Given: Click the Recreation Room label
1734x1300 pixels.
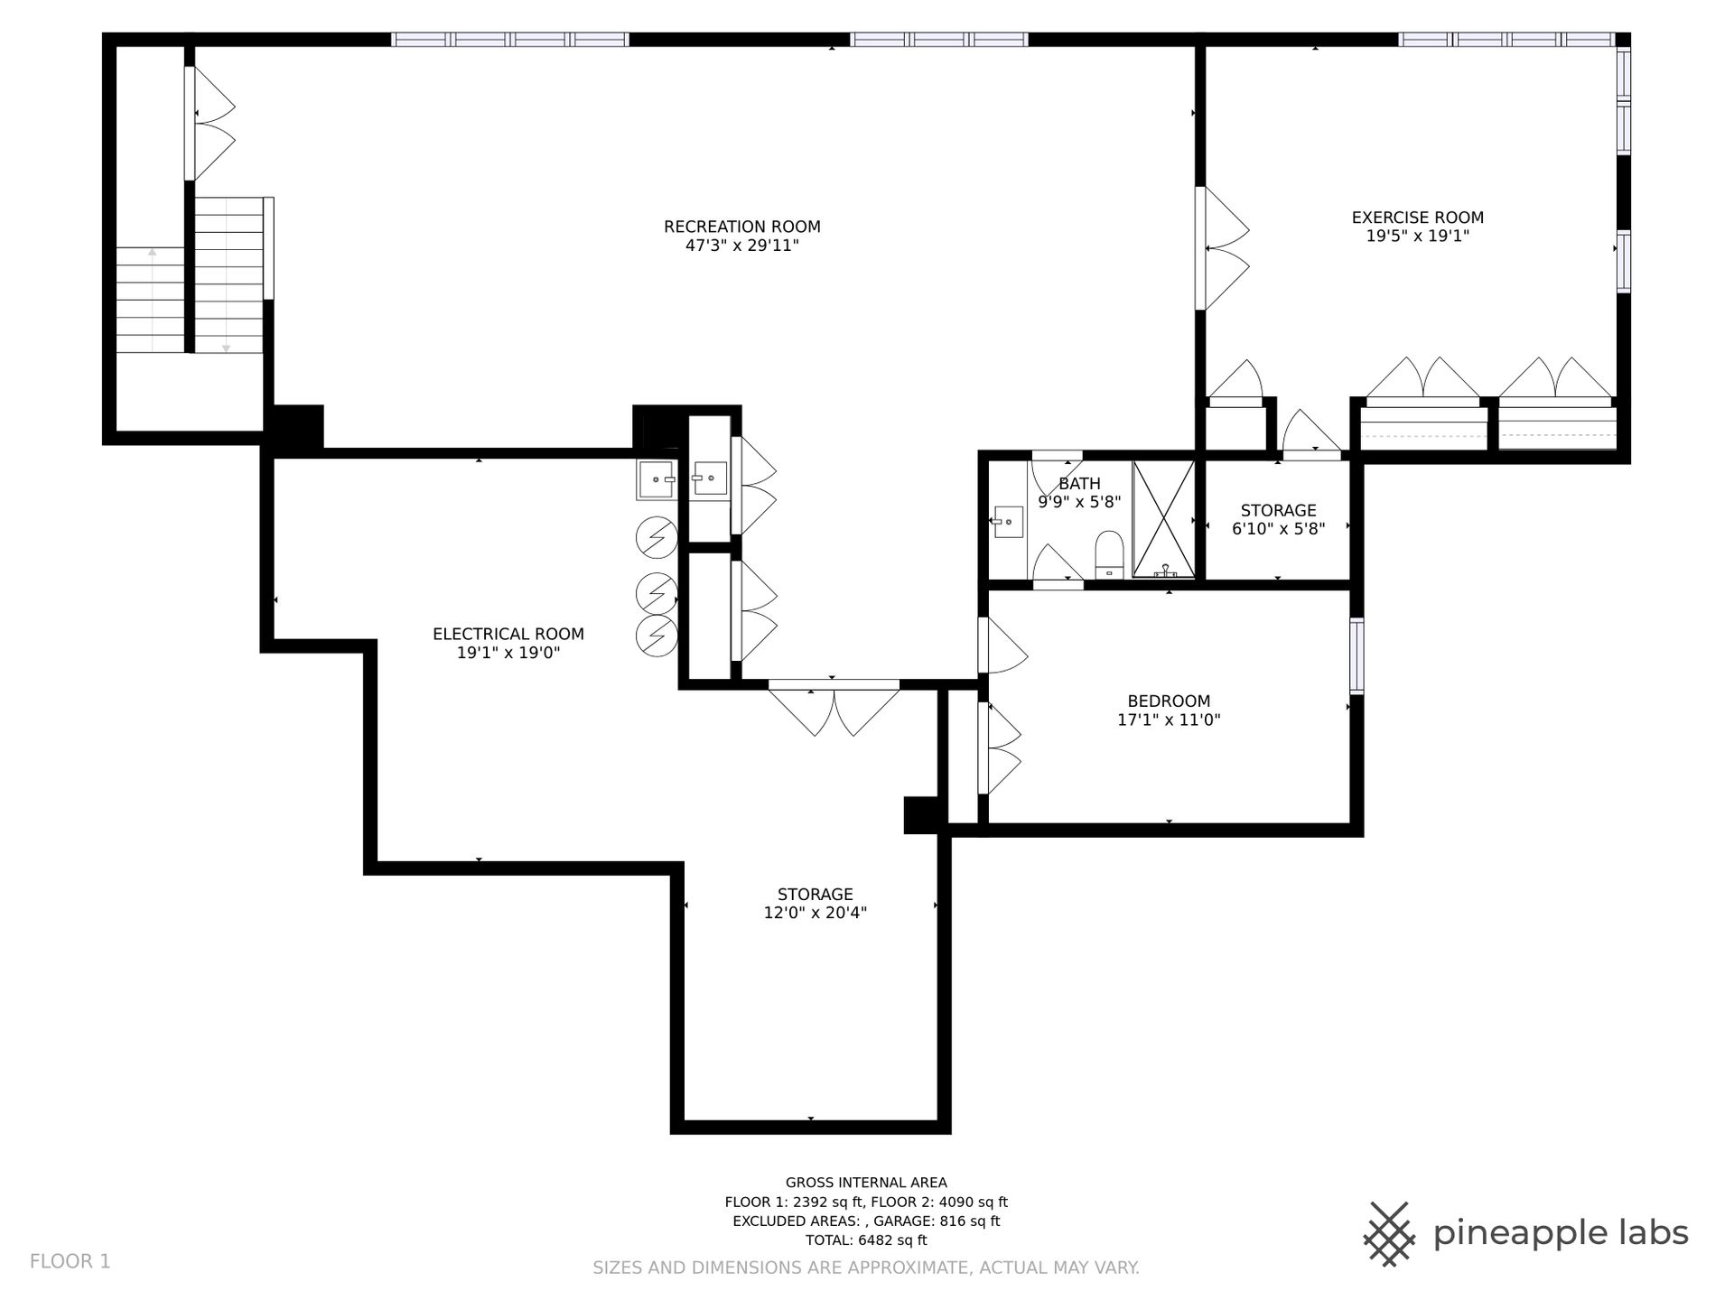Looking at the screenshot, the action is [742, 227].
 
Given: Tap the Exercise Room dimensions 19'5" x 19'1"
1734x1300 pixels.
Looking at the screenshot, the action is [1418, 237].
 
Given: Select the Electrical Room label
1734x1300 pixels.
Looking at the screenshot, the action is [508, 634].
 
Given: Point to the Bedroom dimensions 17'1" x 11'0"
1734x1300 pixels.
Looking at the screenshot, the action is [1169, 720].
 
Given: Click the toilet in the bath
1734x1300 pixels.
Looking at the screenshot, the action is [1108, 554].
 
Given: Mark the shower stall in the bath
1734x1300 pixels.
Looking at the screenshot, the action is [1164, 519].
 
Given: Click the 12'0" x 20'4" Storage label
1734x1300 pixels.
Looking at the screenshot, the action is [816, 904].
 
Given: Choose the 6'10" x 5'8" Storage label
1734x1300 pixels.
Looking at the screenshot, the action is [1278, 519].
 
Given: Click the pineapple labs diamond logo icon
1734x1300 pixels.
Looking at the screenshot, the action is [1390, 1233].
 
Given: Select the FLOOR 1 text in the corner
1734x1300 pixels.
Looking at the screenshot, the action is [70, 1261].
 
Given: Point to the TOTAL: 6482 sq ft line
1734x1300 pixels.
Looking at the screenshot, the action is [866, 1240].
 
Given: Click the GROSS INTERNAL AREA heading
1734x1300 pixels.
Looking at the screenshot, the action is [866, 1183].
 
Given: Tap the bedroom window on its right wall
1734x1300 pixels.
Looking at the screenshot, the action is [1356, 655].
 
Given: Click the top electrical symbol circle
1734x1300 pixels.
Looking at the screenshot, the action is [657, 538].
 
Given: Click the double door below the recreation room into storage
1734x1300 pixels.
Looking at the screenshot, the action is [834, 709].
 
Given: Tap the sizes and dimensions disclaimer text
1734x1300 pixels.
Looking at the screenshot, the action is [866, 1267].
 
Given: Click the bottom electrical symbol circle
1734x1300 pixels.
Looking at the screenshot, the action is [657, 636].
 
